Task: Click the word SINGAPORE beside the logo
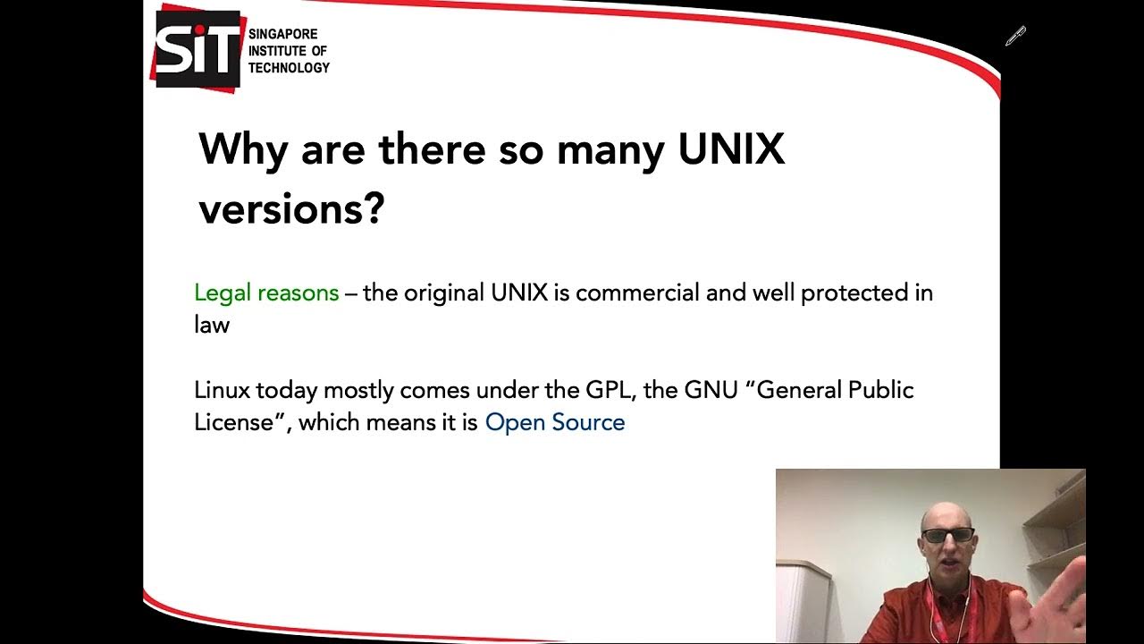click(282, 34)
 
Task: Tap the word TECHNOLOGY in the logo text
click(289, 68)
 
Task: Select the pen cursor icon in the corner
click(1015, 36)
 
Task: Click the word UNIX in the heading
click(731, 148)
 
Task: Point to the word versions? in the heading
click(291, 208)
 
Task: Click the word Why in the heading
click(243, 148)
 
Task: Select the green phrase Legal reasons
click(266, 292)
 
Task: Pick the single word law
click(212, 324)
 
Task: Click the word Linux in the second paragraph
click(223, 390)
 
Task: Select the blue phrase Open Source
click(555, 422)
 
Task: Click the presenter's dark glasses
click(947, 535)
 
